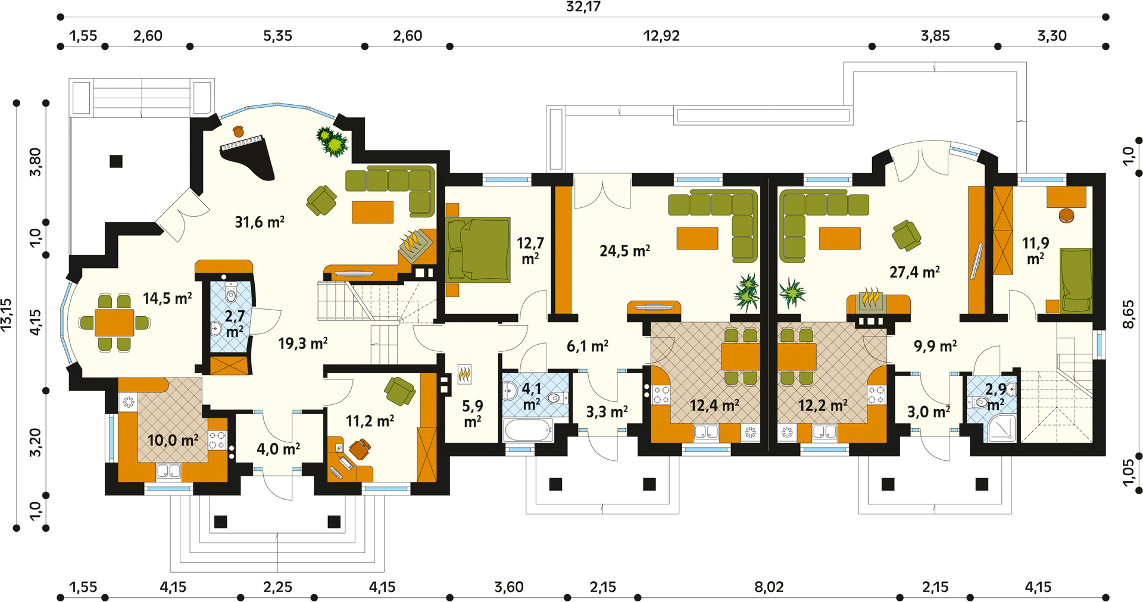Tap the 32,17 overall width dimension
coord(583,7)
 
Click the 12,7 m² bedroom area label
coord(530,251)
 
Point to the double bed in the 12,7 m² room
coord(478,250)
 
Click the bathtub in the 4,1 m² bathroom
coord(528,430)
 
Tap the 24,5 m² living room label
coord(624,251)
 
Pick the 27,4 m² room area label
coord(914,272)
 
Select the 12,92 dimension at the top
coord(661,36)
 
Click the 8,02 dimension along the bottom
coord(769,587)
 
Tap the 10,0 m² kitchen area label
coord(173,440)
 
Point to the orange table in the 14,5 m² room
coord(114,323)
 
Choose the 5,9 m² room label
coord(473,414)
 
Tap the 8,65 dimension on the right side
coord(1128,314)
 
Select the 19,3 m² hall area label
coord(303,343)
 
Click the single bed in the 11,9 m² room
coord(1076,280)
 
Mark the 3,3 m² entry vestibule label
coord(607,411)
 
